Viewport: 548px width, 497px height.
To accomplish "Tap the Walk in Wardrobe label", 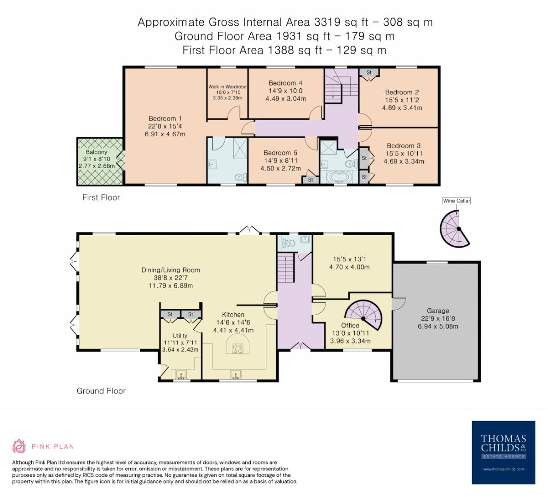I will (227, 87).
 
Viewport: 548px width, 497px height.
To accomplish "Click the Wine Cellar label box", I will (456, 201).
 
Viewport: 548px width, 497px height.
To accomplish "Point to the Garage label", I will (437, 311).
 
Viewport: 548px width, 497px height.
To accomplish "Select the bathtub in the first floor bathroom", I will (339, 177).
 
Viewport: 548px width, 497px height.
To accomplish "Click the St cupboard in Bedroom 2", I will (369, 73).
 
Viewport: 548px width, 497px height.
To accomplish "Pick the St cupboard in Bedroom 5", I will (311, 180).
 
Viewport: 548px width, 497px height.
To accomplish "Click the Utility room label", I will (180, 335).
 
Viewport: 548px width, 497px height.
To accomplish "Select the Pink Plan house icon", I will (19, 446).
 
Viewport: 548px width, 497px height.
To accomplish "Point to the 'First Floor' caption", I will (101, 197).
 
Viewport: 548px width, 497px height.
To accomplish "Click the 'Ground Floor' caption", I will (101, 391).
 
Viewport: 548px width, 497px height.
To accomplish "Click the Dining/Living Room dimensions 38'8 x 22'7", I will (170, 278).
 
